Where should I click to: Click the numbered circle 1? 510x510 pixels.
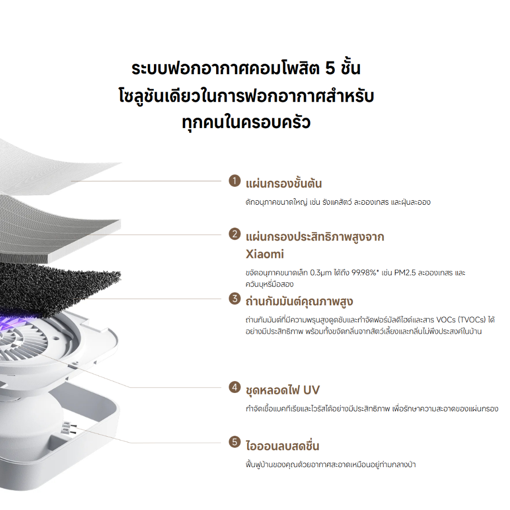click(234, 180)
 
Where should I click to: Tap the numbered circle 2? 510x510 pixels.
click(234, 233)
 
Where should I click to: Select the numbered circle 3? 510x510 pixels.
click(234, 299)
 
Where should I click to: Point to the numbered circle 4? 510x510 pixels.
click(234, 386)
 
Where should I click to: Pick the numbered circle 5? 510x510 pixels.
click(234, 442)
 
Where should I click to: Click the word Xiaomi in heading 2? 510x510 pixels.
click(265, 254)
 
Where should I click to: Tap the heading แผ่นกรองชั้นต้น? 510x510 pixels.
click(284, 184)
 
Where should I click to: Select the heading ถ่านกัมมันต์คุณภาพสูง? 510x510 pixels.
click(300, 301)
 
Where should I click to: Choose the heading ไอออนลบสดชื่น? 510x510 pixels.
click(282, 446)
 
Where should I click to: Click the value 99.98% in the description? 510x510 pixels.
click(365, 273)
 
